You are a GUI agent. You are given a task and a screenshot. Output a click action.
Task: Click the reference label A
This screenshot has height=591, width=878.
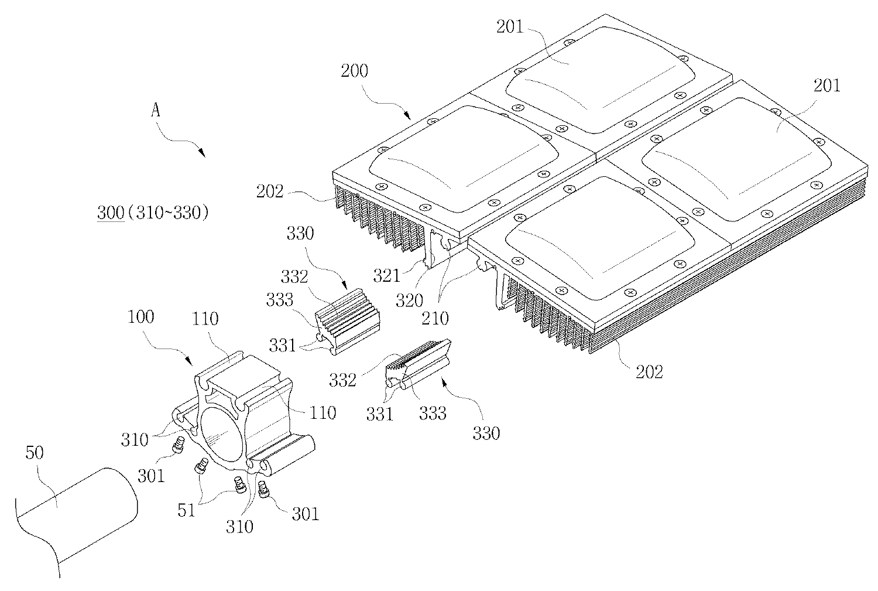click(156, 110)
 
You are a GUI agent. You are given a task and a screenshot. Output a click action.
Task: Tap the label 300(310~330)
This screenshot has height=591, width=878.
click(153, 213)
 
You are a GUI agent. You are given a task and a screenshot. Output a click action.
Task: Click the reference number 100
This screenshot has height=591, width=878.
click(140, 317)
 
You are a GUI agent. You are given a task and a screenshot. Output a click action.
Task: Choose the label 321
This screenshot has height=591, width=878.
click(387, 274)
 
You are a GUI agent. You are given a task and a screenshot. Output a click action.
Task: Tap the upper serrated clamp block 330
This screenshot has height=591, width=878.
click(348, 317)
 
